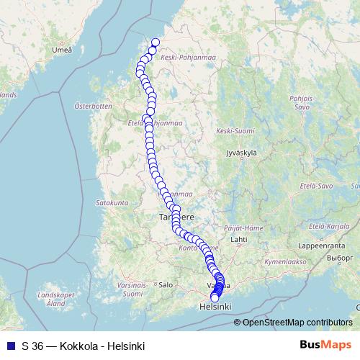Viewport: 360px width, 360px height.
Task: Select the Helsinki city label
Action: (215, 307)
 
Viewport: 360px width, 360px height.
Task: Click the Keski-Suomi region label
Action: (235, 131)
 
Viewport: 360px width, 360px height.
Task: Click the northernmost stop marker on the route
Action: (155, 42)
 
